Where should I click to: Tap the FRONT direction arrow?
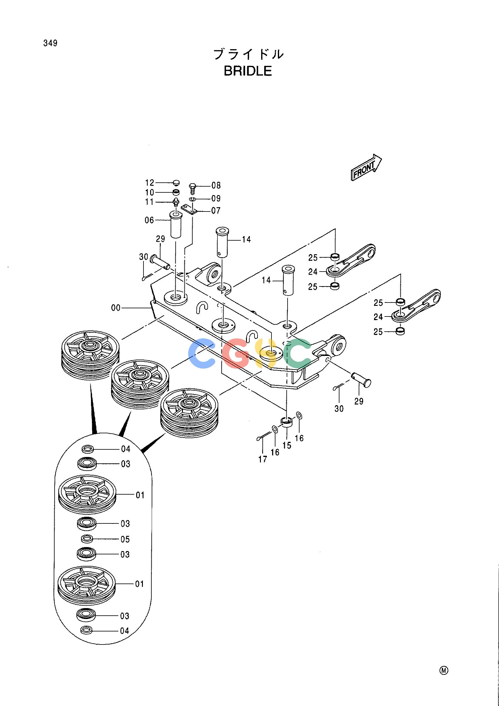click(366, 167)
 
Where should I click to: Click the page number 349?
click(50, 43)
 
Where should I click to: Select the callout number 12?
click(150, 183)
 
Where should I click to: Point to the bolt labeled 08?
click(192, 187)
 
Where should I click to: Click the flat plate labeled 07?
click(189, 209)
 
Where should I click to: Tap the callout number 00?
click(116, 308)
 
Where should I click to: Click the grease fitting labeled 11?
click(176, 203)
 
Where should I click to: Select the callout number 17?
click(263, 459)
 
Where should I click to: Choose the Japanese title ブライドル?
click(248, 54)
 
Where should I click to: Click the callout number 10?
click(150, 193)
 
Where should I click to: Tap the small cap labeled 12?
click(176, 183)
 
